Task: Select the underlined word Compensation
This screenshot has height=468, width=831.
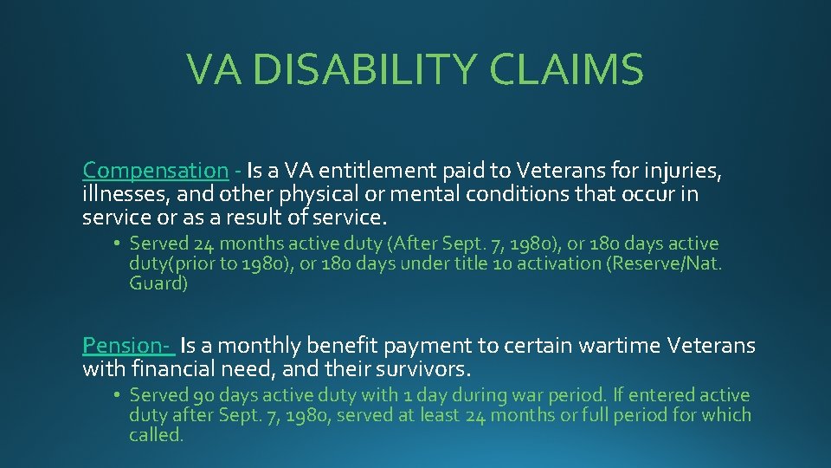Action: coord(155,171)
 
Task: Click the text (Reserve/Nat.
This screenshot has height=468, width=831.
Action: coord(666,263)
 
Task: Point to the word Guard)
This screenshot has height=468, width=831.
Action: coord(158,283)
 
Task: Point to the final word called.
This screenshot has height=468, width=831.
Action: coord(157,435)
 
